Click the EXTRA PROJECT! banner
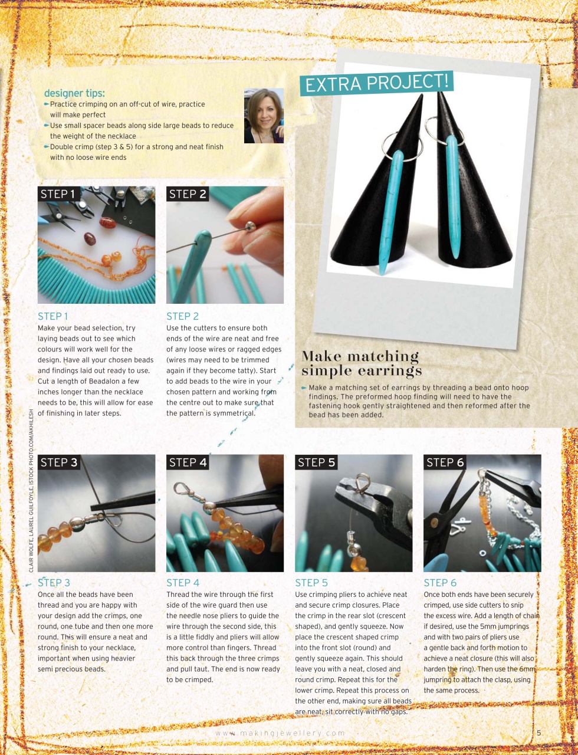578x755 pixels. [376, 83]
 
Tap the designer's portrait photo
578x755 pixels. [264, 116]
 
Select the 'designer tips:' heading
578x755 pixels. [74, 93]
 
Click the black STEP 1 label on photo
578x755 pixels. [58, 194]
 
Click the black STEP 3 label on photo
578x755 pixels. [58, 462]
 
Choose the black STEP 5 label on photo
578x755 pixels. [316, 462]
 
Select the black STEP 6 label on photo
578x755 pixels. [445, 462]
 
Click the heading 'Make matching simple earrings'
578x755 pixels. [361, 363]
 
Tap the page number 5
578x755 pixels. [538, 733]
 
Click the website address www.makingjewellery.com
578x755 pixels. [280, 733]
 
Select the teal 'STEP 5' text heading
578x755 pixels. [311, 583]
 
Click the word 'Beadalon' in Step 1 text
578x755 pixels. [105, 381]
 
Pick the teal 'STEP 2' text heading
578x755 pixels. [182, 316]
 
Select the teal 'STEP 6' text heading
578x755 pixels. [440, 583]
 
